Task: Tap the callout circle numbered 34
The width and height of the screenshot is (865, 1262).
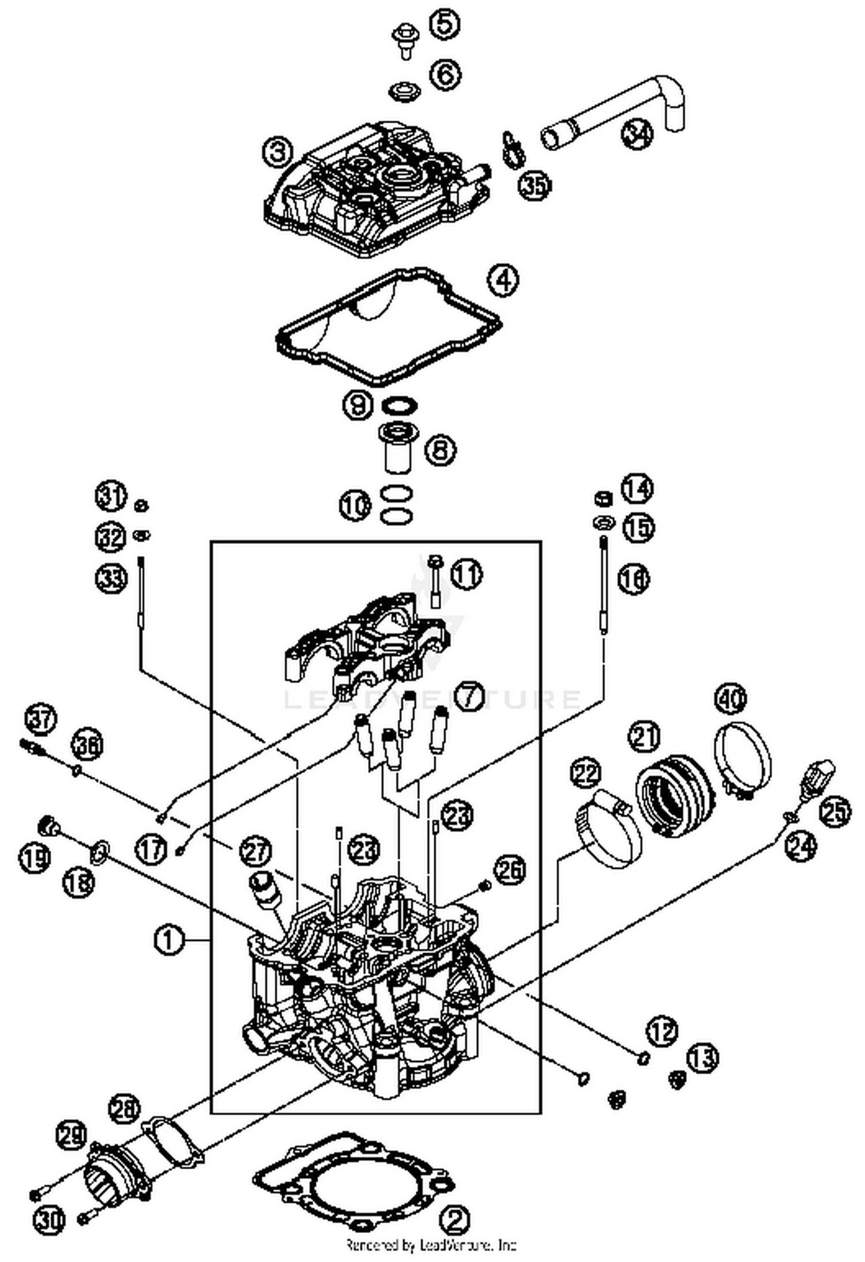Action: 638,134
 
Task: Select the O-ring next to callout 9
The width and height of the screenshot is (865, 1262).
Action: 400,406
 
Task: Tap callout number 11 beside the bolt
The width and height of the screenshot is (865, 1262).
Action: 467,575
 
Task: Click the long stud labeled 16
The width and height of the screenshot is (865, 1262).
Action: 603,582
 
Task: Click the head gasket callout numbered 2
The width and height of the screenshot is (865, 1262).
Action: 455,1220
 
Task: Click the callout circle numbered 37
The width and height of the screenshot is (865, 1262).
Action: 40,720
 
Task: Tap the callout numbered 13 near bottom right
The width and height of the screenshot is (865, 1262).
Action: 702,1058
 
